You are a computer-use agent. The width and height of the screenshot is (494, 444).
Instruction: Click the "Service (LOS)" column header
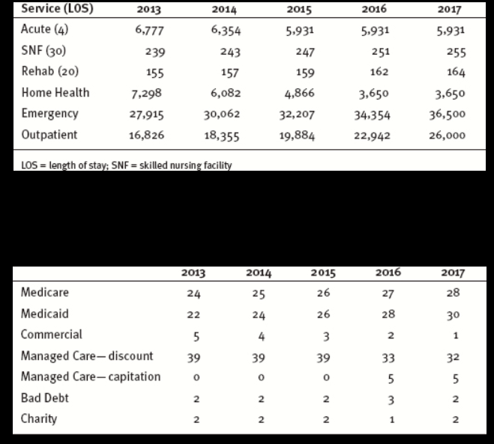tap(52, 10)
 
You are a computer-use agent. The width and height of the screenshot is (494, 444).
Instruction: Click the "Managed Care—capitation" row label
tap(91, 376)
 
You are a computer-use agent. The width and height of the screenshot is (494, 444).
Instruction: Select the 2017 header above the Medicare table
tap(454, 272)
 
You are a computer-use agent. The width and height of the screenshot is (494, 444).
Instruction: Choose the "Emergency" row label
tap(50, 114)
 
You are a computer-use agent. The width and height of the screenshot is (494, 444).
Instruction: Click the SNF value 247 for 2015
tap(304, 52)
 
